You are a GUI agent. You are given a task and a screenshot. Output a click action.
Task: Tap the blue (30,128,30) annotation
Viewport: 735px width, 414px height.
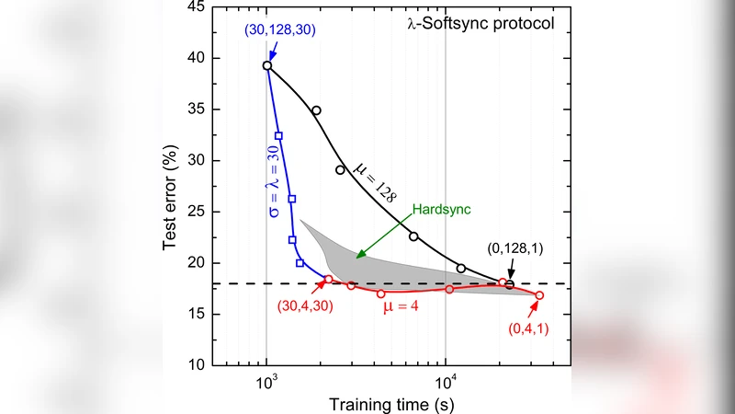pyautogui.click(x=280, y=29)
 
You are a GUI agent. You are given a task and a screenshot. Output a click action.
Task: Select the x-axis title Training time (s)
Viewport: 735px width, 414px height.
pyautogui.click(x=390, y=402)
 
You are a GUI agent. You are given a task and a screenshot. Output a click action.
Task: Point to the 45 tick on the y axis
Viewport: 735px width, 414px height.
pyautogui.click(x=197, y=7)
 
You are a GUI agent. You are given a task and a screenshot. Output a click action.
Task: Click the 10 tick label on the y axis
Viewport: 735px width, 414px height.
pyautogui.click(x=197, y=365)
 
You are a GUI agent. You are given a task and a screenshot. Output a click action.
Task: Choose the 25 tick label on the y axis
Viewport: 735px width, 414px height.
pyautogui.click(x=197, y=212)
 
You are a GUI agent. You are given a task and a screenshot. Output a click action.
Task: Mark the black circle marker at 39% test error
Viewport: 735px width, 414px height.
pyautogui.click(x=266, y=65)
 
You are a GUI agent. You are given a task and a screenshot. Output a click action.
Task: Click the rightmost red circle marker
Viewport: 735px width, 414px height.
pyautogui.click(x=539, y=295)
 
